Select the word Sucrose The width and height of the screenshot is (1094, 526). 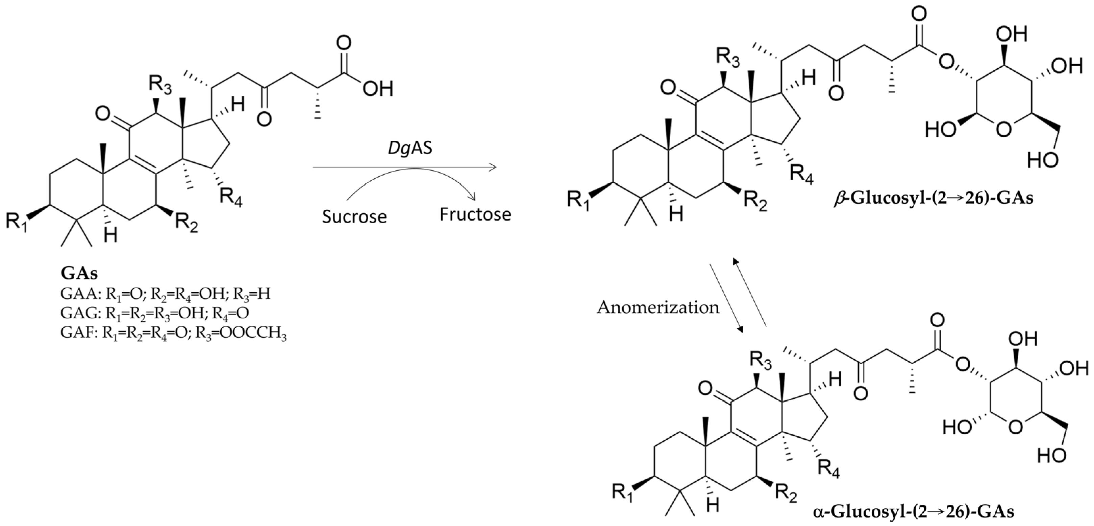pos(354,217)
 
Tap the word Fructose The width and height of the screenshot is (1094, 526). pos(475,215)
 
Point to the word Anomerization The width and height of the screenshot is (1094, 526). pos(658,307)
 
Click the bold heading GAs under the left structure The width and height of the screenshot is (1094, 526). pos(79,273)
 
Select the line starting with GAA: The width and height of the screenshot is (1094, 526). pos(165,294)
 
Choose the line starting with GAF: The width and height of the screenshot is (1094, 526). pos(173,334)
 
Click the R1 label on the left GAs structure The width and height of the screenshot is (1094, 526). pos(17,222)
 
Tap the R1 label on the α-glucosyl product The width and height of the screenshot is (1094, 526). pos(623,493)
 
